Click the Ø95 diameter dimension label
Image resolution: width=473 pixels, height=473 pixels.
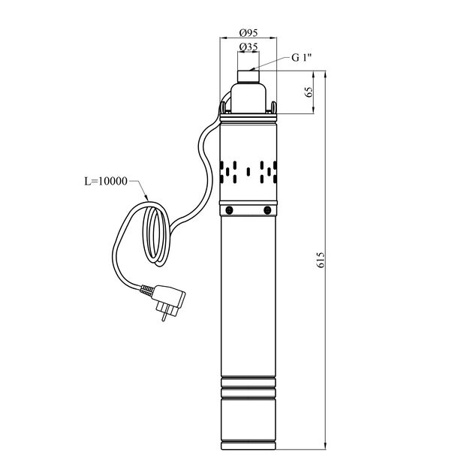[249, 32]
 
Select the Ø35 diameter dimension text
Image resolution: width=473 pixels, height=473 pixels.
[249, 47]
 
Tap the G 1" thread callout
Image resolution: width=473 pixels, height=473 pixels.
[301, 58]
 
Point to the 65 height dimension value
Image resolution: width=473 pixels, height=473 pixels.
[309, 92]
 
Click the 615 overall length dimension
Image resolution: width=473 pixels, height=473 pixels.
[321, 260]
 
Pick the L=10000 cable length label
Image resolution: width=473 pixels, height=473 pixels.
[106, 182]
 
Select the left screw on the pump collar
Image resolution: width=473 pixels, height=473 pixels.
[229, 210]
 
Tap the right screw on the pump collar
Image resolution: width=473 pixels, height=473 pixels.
[267, 210]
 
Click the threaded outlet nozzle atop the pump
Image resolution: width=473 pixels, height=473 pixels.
[249, 77]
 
